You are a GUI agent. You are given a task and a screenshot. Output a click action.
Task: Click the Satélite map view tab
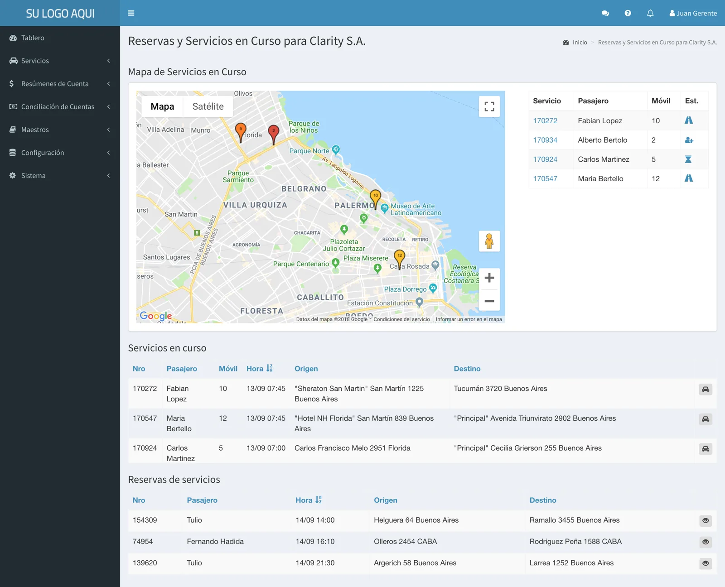tap(208, 106)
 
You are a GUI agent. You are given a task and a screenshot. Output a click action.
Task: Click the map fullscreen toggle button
tap(489, 106)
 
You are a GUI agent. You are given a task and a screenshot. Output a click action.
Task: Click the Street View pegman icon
tap(489, 241)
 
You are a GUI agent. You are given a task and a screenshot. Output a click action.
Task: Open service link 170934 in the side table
tap(545, 140)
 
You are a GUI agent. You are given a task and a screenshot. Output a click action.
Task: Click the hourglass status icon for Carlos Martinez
tap(688, 159)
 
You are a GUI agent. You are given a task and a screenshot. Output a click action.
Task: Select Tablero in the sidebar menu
tap(33, 38)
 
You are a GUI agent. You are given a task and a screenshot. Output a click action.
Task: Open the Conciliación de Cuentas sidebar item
tap(58, 106)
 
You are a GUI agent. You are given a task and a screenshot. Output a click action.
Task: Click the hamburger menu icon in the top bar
tap(131, 13)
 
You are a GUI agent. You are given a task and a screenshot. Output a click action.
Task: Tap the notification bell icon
tap(650, 13)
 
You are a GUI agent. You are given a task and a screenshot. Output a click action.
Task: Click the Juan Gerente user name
tap(696, 13)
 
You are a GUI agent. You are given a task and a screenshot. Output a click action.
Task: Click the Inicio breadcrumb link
tap(580, 42)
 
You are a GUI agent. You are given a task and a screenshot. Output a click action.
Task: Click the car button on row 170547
tap(705, 419)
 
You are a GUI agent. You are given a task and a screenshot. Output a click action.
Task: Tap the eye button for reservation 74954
tap(705, 542)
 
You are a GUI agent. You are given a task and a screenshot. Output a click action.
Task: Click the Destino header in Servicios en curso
tap(467, 369)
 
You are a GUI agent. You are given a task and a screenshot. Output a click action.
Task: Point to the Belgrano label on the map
tap(304, 189)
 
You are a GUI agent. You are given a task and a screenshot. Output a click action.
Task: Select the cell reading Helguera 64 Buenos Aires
tap(416, 520)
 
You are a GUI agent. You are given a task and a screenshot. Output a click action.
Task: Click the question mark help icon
tap(628, 13)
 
